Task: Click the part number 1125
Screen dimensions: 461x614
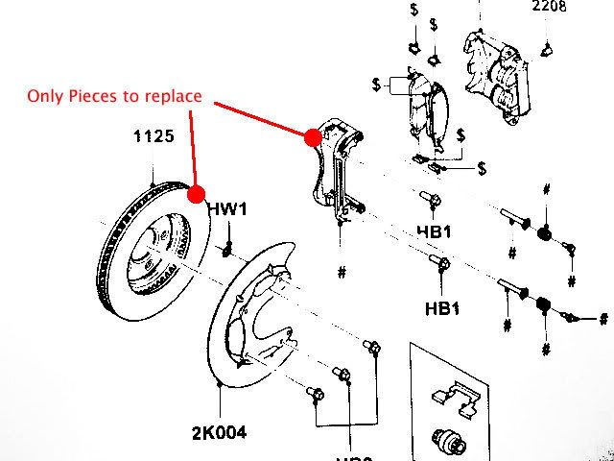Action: (x=153, y=136)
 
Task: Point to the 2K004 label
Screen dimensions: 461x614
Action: (x=219, y=433)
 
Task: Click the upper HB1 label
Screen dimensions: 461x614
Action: (x=435, y=231)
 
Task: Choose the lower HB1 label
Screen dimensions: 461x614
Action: (x=443, y=308)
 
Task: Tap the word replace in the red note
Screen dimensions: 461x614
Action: (x=175, y=96)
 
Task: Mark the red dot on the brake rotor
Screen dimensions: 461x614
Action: (x=198, y=195)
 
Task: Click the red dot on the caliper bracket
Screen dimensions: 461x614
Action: (x=312, y=137)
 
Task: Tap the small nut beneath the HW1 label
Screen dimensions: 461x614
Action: (x=227, y=251)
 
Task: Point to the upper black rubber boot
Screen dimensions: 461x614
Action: (x=544, y=234)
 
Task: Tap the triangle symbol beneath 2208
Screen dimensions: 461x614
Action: (x=547, y=49)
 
